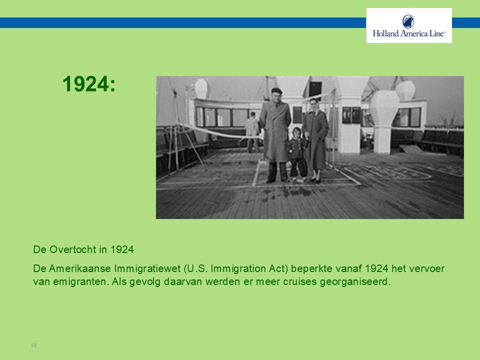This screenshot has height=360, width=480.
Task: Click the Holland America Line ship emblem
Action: (408, 21)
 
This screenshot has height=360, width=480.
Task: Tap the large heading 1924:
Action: (89, 84)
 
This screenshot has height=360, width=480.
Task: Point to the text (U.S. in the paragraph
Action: (196, 269)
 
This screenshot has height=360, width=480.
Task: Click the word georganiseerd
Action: (355, 281)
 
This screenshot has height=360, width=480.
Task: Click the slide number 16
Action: (33, 345)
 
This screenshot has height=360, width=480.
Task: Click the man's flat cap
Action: (276, 90)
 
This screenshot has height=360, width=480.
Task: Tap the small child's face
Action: (296, 133)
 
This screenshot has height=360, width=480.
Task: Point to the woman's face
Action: (314, 105)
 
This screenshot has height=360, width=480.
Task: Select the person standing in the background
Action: (252, 132)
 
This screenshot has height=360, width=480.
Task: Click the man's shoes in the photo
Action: (277, 180)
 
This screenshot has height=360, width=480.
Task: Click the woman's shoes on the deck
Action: (315, 180)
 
